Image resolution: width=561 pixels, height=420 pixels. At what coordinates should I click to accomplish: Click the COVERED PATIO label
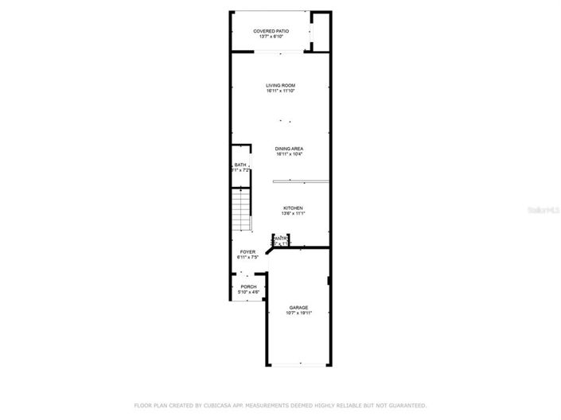click(271, 31)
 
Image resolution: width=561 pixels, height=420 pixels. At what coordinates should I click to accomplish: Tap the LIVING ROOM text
click(281, 85)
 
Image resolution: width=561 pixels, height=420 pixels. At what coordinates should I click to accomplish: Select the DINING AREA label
click(289, 149)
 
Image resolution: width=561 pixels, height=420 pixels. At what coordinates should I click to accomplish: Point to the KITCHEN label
click(293, 208)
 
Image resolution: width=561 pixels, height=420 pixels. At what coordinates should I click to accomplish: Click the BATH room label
click(240, 165)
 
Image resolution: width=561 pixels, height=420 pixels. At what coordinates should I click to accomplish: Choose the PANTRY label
click(280, 237)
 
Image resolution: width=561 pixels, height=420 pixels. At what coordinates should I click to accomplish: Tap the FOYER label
click(248, 252)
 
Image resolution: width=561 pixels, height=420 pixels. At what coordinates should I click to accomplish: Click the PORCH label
click(249, 286)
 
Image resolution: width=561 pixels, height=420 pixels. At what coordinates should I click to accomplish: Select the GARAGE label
click(299, 307)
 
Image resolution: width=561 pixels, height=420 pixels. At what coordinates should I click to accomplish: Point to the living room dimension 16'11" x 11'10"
click(281, 91)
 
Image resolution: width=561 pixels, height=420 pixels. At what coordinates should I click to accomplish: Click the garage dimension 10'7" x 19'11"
click(299, 313)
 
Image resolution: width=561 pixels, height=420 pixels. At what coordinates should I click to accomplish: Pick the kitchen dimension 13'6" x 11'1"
click(293, 214)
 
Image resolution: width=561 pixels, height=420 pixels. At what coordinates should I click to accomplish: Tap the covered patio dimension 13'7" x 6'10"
click(271, 37)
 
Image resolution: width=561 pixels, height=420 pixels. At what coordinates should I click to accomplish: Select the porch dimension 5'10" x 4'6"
click(249, 292)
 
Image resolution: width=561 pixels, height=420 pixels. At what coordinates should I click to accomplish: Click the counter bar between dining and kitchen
click(300, 181)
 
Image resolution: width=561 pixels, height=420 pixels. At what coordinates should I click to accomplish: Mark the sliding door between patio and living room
click(278, 52)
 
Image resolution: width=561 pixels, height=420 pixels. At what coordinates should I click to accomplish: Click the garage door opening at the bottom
click(299, 365)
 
